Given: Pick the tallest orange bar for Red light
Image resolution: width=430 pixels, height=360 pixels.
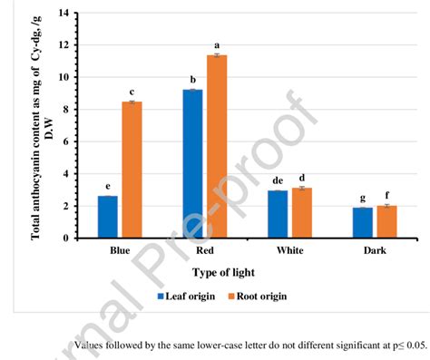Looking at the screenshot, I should (217, 146).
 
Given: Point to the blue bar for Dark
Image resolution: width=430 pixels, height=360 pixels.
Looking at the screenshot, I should (362, 223).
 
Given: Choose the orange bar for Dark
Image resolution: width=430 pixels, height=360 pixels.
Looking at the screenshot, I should (386, 222).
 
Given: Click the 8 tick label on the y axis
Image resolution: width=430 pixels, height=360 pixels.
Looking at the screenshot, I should (65, 110).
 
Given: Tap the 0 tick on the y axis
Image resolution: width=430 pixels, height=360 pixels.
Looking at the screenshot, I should (65, 238).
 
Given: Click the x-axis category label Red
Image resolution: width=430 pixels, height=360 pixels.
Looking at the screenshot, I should (204, 251).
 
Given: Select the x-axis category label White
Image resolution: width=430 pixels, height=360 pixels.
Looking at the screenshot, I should (289, 251).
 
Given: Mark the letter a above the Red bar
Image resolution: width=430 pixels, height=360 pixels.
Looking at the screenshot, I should (217, 45).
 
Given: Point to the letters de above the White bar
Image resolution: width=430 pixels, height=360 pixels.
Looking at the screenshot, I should (278, 180).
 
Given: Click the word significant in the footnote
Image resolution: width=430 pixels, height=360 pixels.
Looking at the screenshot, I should (337, 345).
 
